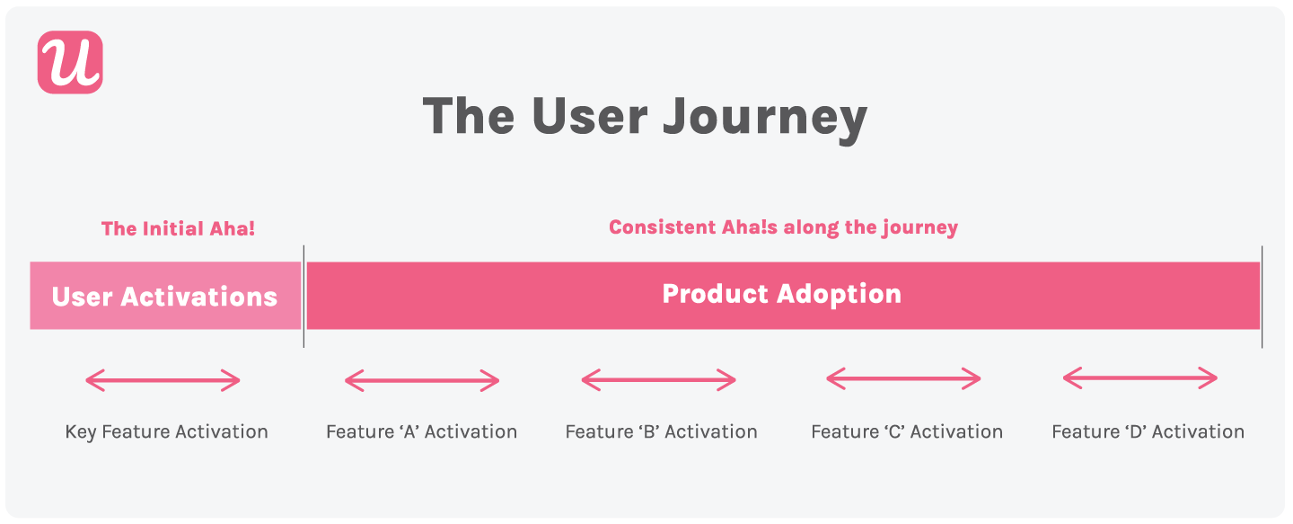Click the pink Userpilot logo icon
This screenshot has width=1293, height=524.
(70, 62)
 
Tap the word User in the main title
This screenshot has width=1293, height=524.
(589, 116)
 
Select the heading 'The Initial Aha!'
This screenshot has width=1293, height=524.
(178, 229)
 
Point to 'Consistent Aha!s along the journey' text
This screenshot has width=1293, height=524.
(783, 227)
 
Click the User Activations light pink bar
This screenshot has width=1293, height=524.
(165, 296)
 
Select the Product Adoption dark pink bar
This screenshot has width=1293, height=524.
(783, 296)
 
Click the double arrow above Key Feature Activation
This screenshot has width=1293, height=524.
(163, 381)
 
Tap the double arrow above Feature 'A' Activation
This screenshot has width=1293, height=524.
(422, 381)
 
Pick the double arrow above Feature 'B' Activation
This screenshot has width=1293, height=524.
(659, 379)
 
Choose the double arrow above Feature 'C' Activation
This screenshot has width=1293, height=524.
(903, 378)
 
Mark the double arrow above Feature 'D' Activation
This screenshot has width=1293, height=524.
(1140, 377)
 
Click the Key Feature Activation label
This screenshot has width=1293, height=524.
(166, 432)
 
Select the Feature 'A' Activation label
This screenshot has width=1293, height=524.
(421, 431)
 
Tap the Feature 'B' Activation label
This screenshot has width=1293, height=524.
(661, 431)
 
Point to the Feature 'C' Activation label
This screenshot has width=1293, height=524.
(907, 431)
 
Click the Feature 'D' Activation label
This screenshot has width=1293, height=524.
(1148, 431)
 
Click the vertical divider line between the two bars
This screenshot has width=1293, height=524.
(303, 297)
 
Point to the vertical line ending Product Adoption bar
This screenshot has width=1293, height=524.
(1262, 297)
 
